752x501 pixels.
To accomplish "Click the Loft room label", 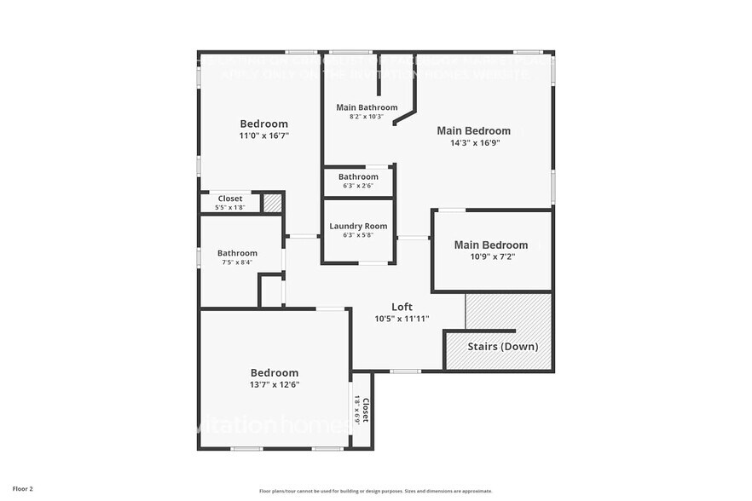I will [x=402, y=307].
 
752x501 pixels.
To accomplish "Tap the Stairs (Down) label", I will [x=501, y=347].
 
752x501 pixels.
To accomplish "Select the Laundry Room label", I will [x=358, y=226].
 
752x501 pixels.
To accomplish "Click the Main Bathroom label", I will [x=367, y=107].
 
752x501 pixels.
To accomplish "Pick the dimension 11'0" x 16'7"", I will [x=263, y=135].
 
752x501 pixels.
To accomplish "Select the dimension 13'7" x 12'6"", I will [x=274, y=384].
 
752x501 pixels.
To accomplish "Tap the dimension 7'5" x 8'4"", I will [x=237, y=263].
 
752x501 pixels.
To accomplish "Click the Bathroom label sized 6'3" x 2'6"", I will [x=358, y=177].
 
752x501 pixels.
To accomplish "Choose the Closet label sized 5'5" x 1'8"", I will [x=229, y=199].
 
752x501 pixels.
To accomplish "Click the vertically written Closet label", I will [x=366, y=411].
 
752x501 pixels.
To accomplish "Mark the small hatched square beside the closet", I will [x=271, y=203].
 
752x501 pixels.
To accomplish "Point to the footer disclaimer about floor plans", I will [x=375, y=491].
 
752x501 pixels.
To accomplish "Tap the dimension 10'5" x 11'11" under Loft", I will [x=402, y=319].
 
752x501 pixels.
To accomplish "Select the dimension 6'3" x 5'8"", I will [x=358, y=235].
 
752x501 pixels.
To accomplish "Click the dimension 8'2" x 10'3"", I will [x=367, y=117].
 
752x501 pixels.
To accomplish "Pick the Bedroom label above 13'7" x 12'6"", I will [x=274, y=372].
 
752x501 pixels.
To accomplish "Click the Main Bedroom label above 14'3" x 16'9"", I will [x=473, y=130].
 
